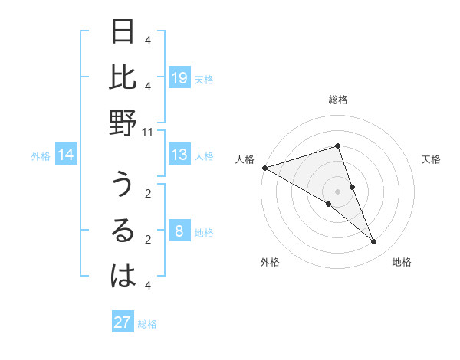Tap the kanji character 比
(x=123, y=77)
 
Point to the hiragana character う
(x=123, y=186)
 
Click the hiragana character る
(x=123, y=231)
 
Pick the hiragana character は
(x=123, y=277)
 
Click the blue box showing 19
(x=179, y=77)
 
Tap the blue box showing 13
(x=179, y=155)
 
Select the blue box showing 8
(x=179, y=231)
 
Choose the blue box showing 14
(x=66, y=155)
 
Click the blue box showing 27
(x=123, y=322)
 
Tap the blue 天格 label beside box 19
(x=204, y=78)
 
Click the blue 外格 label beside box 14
(x=41, y=156)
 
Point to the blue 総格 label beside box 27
(x=147, y=323)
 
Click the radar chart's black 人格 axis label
(x=245, y=159)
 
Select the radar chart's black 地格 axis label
(x=402, y=262)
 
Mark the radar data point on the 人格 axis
(x=264, y=168)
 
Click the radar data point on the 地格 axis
(x=374, y=242)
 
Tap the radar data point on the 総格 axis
(x=337, y=146)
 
